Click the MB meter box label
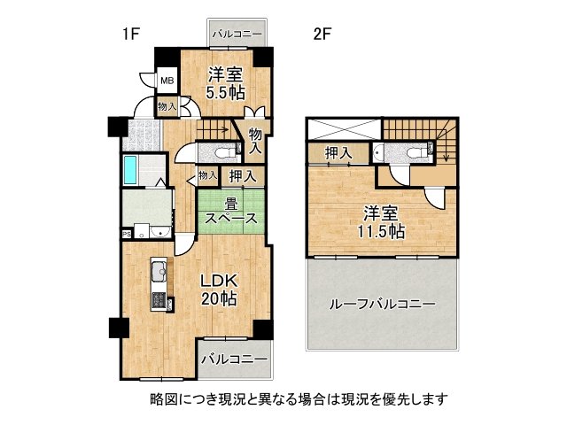pyautogui.click(x=167, y=81)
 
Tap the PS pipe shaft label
pyautogui.click(x=127, y=234)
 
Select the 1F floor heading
pyautogui.click(x=130, y=35)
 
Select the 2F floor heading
pyautogui.click(x=322, y=35)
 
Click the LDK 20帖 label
pyautogui.click(x=219, y=290)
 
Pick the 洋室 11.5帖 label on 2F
pyautogui.click(x=381, y=222)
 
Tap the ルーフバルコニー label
pyautogui.click(x=382, y=305)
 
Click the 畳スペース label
pyautogui.click(x=231, y=211)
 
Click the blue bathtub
pyautogui.click(x=130, y=169)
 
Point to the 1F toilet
pyautogui.click(x=222, y=153)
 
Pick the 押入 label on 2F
pyautogui.click(x=338, y=153)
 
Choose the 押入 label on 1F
pyautogui.click(x=243, y=176)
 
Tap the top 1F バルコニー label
pyautogui.click(x=237, y=35)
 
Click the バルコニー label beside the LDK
pyautogui.click(x=235, y=359)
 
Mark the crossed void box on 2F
pyautogui.click(x=344, y=128)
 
